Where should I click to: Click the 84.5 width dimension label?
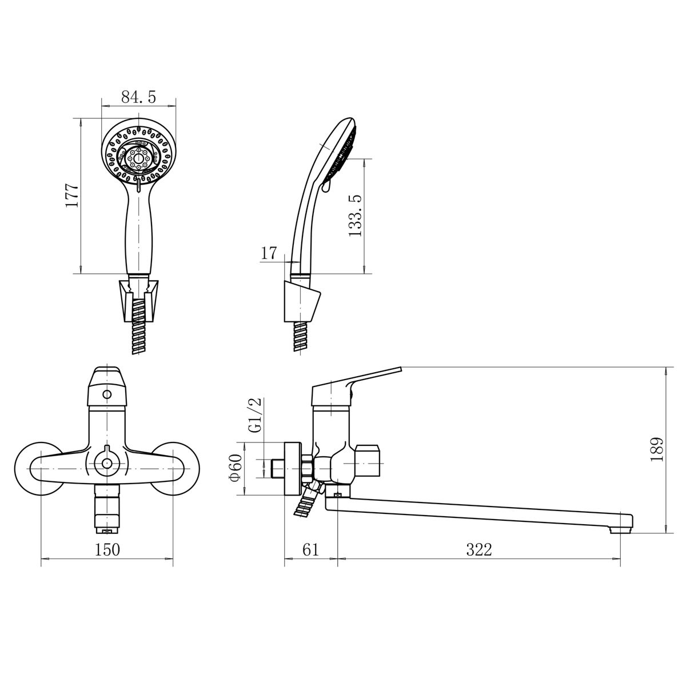pos(138,97)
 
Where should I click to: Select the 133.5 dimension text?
pos(354,216)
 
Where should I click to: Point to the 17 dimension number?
pos(269,253)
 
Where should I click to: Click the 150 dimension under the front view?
pos(107,549)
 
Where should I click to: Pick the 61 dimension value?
pos(310,549)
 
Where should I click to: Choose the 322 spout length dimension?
pos(479,549)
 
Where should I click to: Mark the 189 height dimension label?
pos(657,450)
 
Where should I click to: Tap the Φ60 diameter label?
pos(236,468)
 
